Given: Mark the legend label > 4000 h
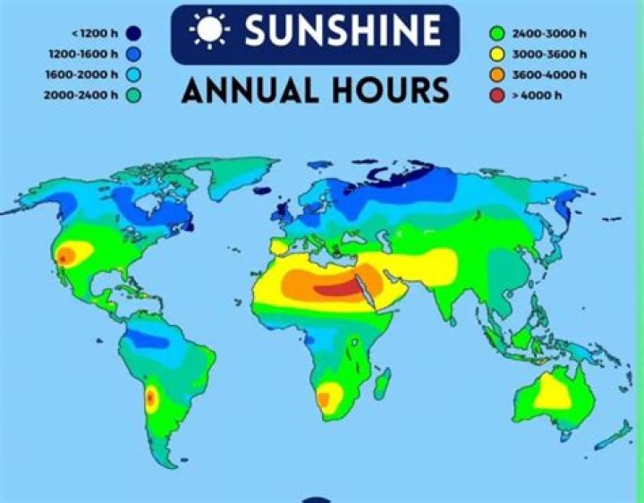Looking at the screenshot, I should (538, 94).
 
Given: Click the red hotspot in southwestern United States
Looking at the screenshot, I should (65, 257).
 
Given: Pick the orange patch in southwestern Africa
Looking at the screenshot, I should (328, 396).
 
